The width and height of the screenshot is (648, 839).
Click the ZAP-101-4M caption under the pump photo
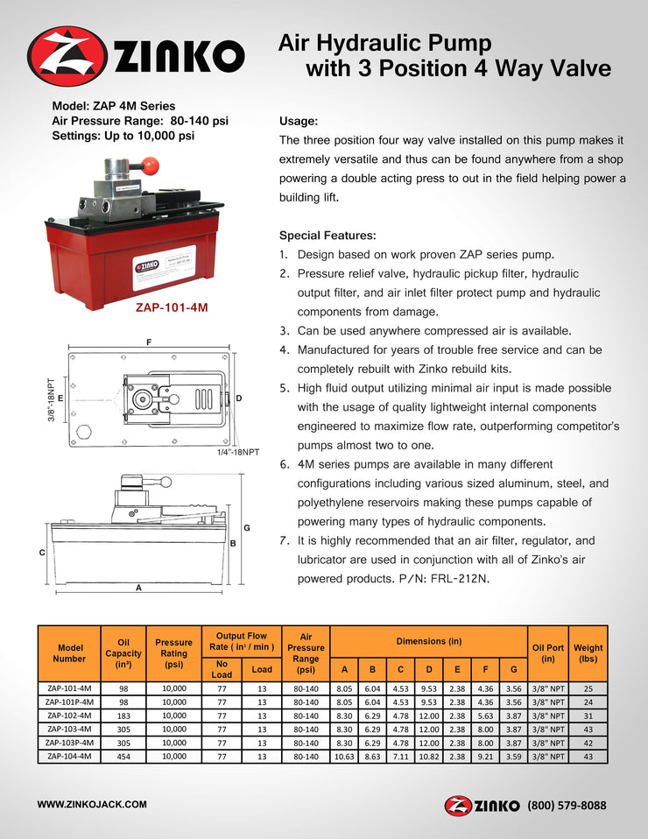click(x=172, y=308)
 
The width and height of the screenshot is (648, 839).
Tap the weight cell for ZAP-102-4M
click(x=588, y=716)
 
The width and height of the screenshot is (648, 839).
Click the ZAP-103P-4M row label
click(x=69, y=743)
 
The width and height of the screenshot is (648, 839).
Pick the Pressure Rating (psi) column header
click(x=173, y=652)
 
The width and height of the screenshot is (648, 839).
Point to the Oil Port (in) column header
click(x=548, y=652)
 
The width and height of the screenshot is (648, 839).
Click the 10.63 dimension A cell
click(x=344, y=756)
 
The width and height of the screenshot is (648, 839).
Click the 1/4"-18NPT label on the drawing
click(x=238, y=452)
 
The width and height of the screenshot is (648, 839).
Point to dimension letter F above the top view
click(x=151, y=342)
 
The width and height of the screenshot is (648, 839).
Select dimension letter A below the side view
click(x=138, y=588)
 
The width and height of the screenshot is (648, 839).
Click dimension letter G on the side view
click(x=246, y=528)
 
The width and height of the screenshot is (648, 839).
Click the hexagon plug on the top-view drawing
click(x=85, y=433)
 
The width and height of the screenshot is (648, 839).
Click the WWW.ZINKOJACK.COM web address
click(x=91, y=803)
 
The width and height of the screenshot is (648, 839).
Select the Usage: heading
click(x=298, y=121)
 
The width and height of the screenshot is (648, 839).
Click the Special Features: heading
click(x=328, y=236)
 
